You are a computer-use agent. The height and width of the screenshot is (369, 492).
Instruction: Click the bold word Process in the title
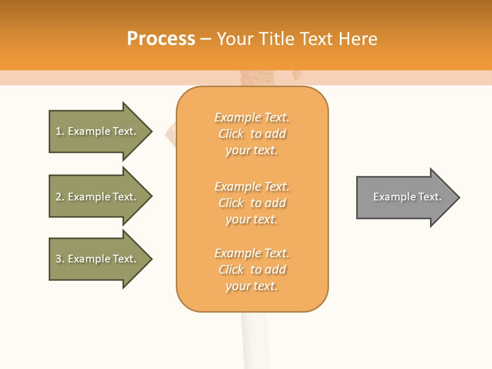pos(161,39)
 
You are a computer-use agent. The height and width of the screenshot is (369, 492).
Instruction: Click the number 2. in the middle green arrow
pos(60,197)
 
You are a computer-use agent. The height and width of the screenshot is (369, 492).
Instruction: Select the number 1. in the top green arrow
pos(60,131)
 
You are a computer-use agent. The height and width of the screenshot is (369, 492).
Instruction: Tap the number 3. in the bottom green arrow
pos(60,259)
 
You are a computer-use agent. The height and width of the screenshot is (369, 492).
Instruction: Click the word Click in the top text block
pos(231,134)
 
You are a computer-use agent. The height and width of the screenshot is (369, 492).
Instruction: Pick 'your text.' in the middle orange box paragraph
pos(252,219)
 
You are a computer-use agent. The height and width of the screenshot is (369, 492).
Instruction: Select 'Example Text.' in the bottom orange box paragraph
pos(252,253)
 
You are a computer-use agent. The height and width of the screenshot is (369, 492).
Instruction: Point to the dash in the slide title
pos(206,39)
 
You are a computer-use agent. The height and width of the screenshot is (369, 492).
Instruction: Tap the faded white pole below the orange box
pos(253,338)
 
